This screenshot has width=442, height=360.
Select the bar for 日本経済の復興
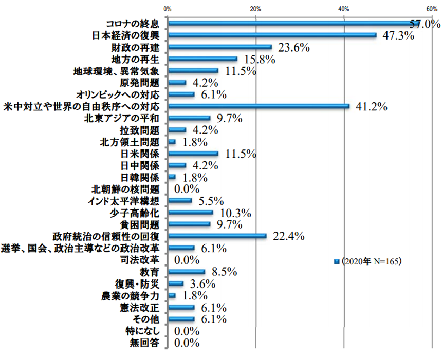click(272, 35)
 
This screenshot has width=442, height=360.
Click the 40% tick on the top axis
click(344, 8)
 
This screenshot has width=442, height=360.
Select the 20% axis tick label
click(255, 8)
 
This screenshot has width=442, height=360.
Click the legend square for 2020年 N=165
click(337, 261)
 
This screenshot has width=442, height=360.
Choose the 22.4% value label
click(290, 236)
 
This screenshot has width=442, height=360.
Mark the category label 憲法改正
click(142, 308)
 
